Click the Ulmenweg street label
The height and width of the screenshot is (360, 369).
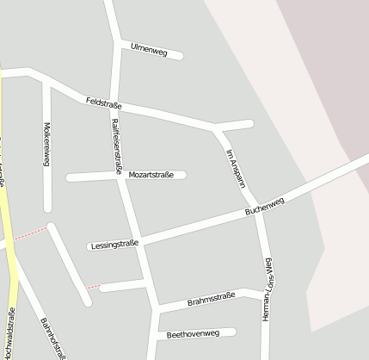pos(148,49)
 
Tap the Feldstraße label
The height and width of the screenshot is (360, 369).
pos(104,103)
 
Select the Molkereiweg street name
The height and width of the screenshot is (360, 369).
pos(46,144)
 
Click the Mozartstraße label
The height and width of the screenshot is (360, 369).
pos(151,175)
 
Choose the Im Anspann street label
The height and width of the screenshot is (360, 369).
pos(236,169)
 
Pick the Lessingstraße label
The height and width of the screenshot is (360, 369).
pos(114,245)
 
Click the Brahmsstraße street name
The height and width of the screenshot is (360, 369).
pos(211,297)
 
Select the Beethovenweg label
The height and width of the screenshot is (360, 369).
pos(194,333)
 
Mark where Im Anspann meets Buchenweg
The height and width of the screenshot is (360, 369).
pos(256,208)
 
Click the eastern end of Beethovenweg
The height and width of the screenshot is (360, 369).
pos(232,332)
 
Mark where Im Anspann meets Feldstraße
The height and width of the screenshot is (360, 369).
pos(217,130)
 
